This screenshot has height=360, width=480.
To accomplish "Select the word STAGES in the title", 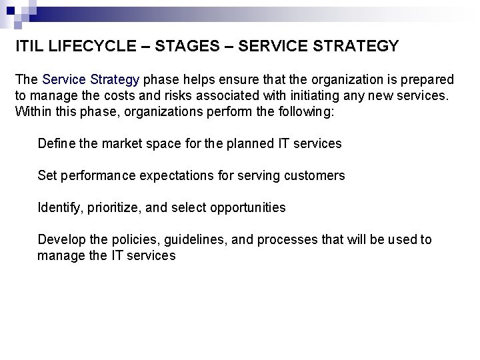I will click(181, 46).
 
